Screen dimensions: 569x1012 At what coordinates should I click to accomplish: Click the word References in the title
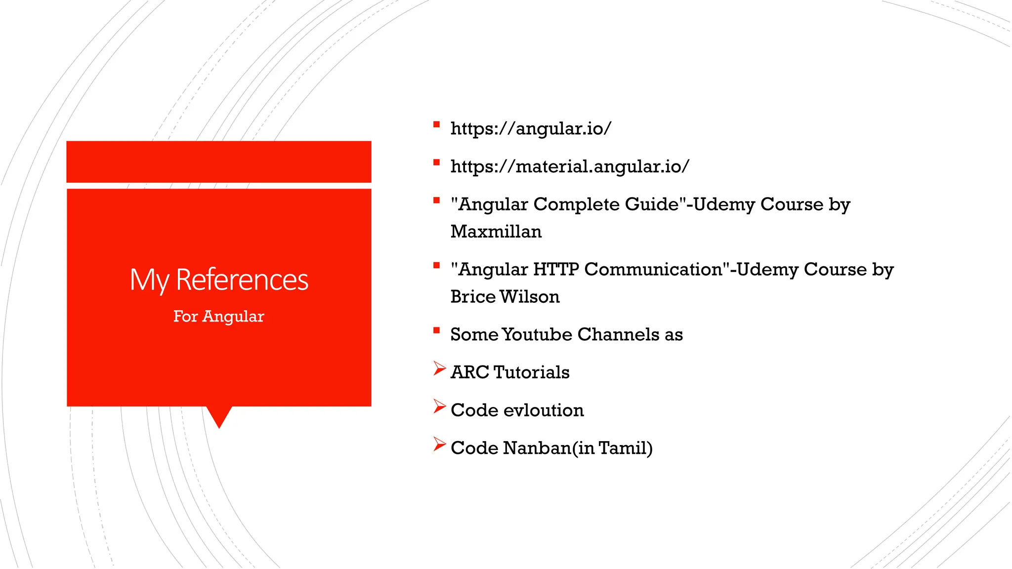[242, 280]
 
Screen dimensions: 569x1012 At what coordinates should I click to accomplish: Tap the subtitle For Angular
[218, 316]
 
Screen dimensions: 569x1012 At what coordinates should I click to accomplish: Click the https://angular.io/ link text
[531, 128]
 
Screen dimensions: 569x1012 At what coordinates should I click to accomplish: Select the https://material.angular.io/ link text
[569, 166]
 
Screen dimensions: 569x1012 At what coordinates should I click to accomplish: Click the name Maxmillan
[496, 232]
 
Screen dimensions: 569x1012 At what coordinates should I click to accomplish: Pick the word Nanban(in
[548, 448]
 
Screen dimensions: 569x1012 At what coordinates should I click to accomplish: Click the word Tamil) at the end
[625, 448]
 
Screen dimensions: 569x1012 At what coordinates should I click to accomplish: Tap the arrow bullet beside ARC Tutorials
[439, 368]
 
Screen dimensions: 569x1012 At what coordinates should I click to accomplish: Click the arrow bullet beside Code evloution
[439, 406]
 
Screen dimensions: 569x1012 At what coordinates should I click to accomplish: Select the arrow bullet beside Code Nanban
[439, 444]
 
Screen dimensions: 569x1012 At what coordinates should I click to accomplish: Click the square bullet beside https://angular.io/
[436, 124]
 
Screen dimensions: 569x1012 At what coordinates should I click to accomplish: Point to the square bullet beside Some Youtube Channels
[436, 330]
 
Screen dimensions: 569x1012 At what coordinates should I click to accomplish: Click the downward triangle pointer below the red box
[219, 416]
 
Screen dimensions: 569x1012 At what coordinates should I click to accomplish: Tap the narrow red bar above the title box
[219, 162]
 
